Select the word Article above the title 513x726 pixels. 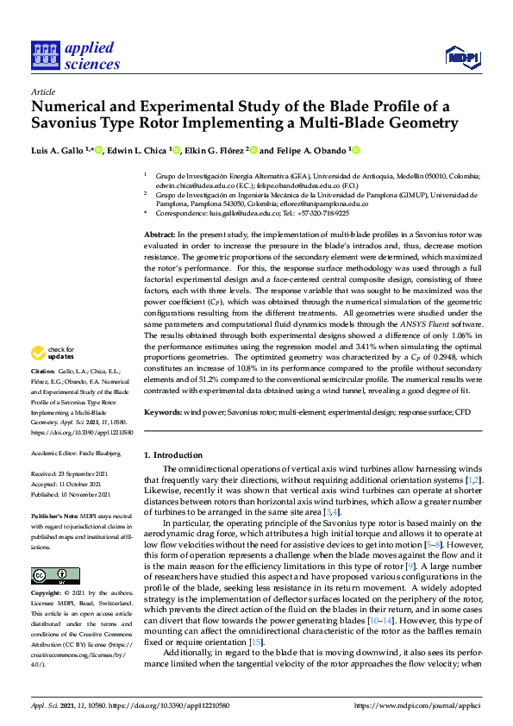pyautogui.click(x=42, y=91)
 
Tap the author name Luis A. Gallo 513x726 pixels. pyautogui.click(x=58, y=150)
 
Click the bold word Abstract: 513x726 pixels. pyautogui.click(x=159, y=235)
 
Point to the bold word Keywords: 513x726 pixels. pyautogui.click(x=162, y=413)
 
